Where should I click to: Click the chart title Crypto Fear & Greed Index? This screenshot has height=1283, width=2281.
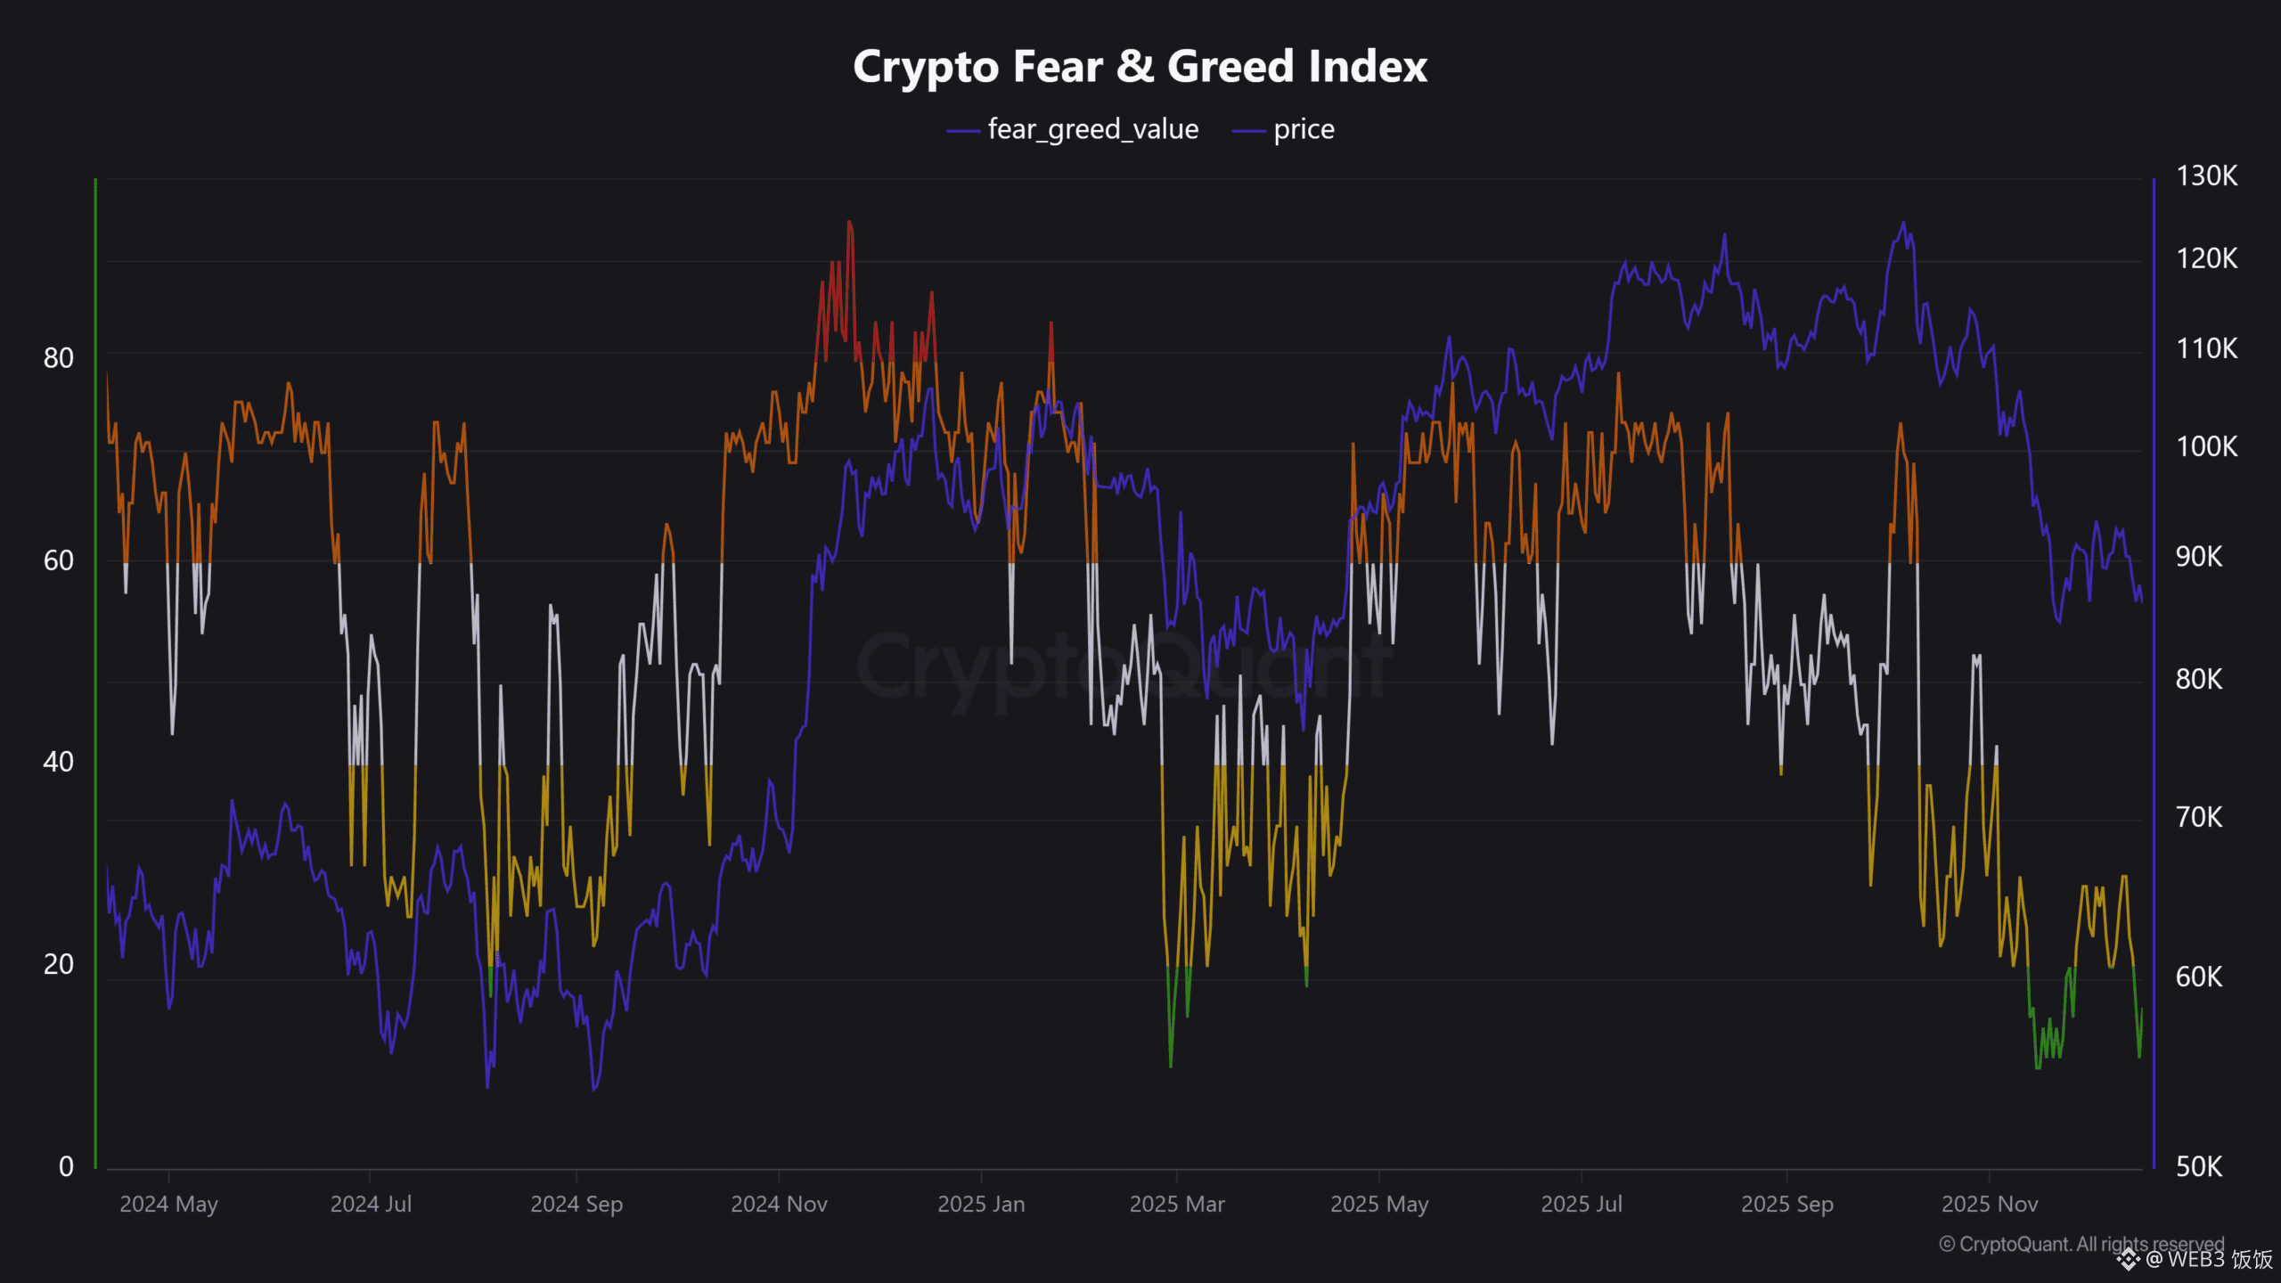point(1140,67)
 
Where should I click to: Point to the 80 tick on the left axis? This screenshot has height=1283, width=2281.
point(59,358)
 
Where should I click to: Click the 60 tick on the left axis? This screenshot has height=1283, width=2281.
point(59,560)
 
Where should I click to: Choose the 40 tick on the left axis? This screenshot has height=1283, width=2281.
point(59,762)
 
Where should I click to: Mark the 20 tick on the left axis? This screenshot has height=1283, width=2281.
point(59,964)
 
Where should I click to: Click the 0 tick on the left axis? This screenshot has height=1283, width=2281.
point(66,1166)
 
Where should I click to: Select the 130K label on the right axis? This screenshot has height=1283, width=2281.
point(2206,176)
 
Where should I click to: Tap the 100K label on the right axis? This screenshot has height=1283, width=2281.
point(2206,446)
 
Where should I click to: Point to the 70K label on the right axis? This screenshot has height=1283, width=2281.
point(2199,817)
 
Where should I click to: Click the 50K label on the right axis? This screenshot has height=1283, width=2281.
point(2199,1166)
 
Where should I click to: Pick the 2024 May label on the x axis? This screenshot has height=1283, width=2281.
point(168,1205)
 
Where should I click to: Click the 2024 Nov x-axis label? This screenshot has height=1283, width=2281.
point(779,1205)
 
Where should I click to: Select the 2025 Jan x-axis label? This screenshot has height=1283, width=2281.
point(981,1205)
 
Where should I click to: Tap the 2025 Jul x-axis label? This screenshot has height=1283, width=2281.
point(1582,1205)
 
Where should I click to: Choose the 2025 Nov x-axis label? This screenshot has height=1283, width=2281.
point(1990,1205)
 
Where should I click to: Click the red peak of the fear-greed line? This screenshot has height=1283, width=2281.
point(849,223)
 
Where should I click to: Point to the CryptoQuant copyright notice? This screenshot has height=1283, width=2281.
point(2081,1244)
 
